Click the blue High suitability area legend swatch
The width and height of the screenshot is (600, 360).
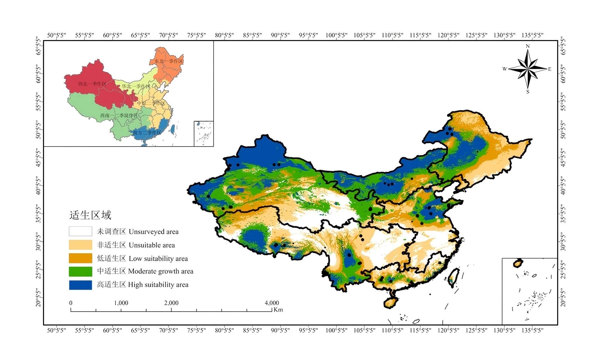click(x=80, y=285)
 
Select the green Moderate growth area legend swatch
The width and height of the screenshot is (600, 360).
click(x=80, y=271)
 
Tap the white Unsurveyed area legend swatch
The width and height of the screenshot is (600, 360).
click(x=80, y=231)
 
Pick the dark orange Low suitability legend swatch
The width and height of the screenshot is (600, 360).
click(x=80, y=258)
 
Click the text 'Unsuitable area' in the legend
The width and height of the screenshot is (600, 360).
click(x=152, y=245)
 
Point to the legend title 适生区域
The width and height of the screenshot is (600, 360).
click(x=90, y=215)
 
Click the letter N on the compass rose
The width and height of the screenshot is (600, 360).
click(x=528, y=46)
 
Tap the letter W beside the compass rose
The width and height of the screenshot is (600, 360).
click(x=504, y=69)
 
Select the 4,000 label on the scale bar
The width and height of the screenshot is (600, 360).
click(x=272, y=303)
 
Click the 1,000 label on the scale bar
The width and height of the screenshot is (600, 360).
click(x=121, y=303)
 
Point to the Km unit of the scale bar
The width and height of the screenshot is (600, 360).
click(x=278, y=310)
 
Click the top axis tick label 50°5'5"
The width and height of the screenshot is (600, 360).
click(x=56, y=35)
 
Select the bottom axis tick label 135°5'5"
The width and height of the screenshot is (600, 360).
click(x=532, y=330)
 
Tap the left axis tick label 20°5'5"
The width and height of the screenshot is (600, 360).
click(x=38, y=298)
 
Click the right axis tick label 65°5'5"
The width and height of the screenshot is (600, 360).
click(x=563, y=46)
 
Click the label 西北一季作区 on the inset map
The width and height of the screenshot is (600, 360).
click(x=92, y=84)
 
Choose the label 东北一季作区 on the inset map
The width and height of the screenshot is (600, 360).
click(x=169, y=61)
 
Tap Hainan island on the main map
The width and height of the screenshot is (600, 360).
click(x=390, y=302)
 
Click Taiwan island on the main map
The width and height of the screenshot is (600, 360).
click(x=454, y=276)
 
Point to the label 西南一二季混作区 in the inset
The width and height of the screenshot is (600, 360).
click(x=119, y=115)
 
